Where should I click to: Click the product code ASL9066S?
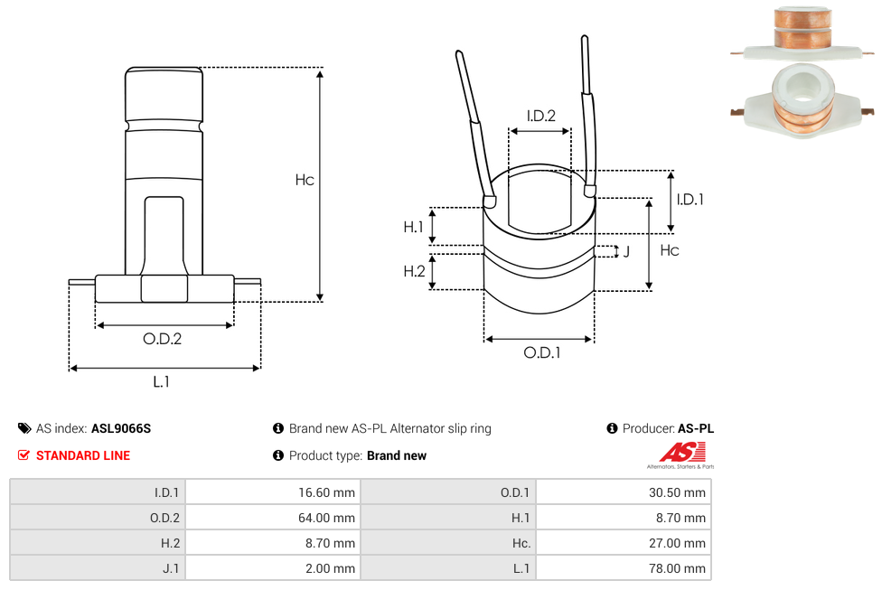[121, 428]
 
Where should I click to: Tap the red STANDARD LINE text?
[82, 455]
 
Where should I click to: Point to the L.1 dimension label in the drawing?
[161, 381]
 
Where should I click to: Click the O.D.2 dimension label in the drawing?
[163, 339]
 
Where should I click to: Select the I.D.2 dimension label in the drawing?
[540, 116]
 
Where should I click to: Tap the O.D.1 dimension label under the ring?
[542, 352]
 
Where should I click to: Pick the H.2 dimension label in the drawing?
[414, 271]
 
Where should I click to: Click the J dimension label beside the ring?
[626, 252]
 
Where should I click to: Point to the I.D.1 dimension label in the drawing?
[690, 200]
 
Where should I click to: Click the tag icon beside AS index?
[24, 428]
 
